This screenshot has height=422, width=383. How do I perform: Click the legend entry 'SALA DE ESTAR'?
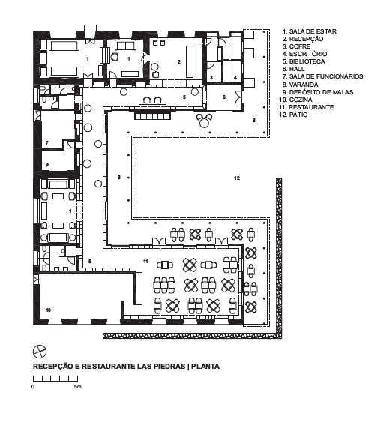pos(310,31)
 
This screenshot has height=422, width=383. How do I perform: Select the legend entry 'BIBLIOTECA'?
pos(304,61)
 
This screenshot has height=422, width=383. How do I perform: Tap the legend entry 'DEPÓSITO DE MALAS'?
pos(317,92)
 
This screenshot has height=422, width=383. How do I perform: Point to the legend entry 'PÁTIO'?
pos(293,115)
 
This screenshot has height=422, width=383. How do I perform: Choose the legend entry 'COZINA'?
pos(295,100)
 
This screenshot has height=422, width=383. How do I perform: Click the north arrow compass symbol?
pos(40,352)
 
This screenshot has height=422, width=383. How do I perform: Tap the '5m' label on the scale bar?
pos(77,387)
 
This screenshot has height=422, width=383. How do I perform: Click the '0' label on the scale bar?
pos(33,387)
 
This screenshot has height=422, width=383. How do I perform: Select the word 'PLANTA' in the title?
pos(205,367)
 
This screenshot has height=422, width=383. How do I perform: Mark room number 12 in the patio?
pos(237,178)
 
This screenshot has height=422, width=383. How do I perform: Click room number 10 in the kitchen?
pos(49,310)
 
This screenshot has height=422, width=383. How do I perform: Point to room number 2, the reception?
pos(179,62)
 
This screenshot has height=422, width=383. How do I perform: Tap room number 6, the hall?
pos(224,97)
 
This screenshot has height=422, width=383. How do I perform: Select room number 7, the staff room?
pos(46,143)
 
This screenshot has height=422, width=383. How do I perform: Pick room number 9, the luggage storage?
pos(46,165)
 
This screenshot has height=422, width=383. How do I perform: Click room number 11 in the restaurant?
pos(145,262)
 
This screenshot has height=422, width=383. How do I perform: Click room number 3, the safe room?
pos(211,78)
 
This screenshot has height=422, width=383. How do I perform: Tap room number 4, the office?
pos(235,78)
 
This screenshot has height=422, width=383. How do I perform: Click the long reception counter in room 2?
pos(190,62)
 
